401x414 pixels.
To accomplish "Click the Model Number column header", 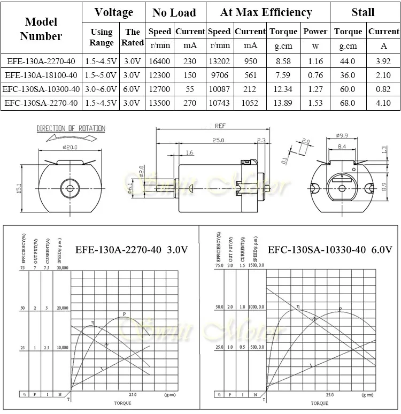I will (x=41, y=29).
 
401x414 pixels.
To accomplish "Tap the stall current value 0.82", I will (x=383, y=88).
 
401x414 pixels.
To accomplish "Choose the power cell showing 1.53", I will (x=315, y=102).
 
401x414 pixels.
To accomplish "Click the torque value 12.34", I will (x=283, y=88).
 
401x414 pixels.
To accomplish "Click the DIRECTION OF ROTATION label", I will (x=71, y=128).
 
